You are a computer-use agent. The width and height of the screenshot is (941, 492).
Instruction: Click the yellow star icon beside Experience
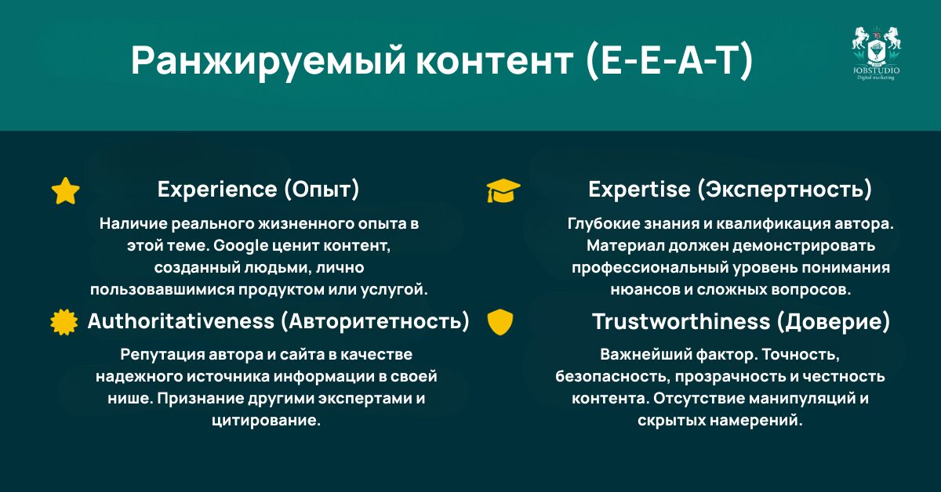point(65,190)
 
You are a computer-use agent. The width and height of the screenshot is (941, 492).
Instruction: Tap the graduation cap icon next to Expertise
point(503,190)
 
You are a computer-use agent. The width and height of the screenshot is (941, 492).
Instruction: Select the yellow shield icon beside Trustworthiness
point(500,322)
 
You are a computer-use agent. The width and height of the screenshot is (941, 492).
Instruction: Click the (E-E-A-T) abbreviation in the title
point(669,62)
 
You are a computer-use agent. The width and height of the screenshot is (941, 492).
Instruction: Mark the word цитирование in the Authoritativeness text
point(265,421)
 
